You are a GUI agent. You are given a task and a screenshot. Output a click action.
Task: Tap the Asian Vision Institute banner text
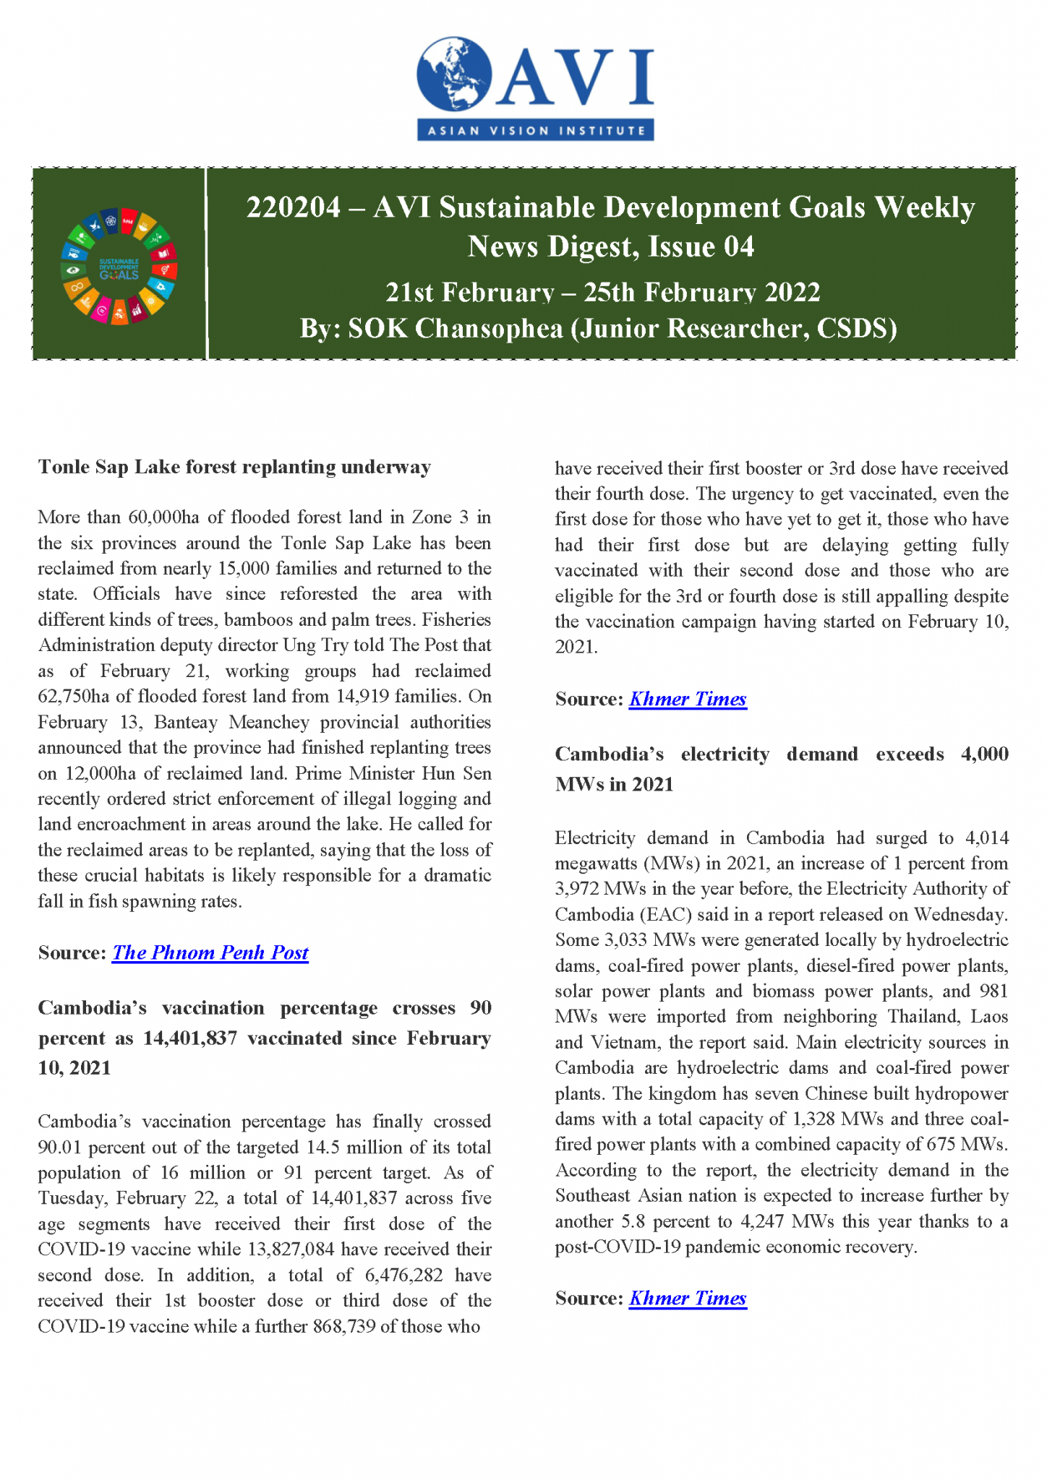coord(536,131)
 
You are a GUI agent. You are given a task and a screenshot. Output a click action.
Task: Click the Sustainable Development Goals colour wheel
coord(119,267)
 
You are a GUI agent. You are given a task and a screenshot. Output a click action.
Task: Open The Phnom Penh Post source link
coord(210,952)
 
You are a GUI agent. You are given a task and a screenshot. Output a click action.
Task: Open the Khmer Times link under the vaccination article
coord(687,699)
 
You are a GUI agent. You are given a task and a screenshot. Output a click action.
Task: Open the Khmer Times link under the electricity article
coord(687,1298)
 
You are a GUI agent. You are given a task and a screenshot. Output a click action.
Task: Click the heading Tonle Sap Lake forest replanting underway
coord(234,467)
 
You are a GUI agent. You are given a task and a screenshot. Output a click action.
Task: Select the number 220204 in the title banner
coord(293,208)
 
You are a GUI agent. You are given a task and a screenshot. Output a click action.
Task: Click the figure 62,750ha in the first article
coord(73,697)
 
